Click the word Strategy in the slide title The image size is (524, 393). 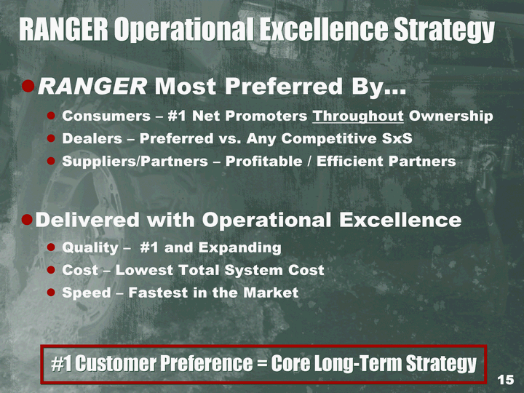point(444,30)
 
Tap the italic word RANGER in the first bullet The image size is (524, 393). point(92,86)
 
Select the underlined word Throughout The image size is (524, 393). point(358,116)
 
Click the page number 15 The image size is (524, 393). point(506,380)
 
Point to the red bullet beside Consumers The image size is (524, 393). point(51,116)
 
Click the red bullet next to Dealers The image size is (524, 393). point(51,138)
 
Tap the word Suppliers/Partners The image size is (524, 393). point(135,161)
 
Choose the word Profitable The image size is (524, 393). point(264,161)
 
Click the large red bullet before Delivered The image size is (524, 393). point(27,220)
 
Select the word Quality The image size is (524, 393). point(90,248)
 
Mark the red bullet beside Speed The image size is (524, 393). point(51,293)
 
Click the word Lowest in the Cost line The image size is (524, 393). point(143,270)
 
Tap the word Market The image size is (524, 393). point(271,293)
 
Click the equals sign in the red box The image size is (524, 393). point(262,364)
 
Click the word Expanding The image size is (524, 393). point(240,248)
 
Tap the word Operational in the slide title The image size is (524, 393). point(183,30)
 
